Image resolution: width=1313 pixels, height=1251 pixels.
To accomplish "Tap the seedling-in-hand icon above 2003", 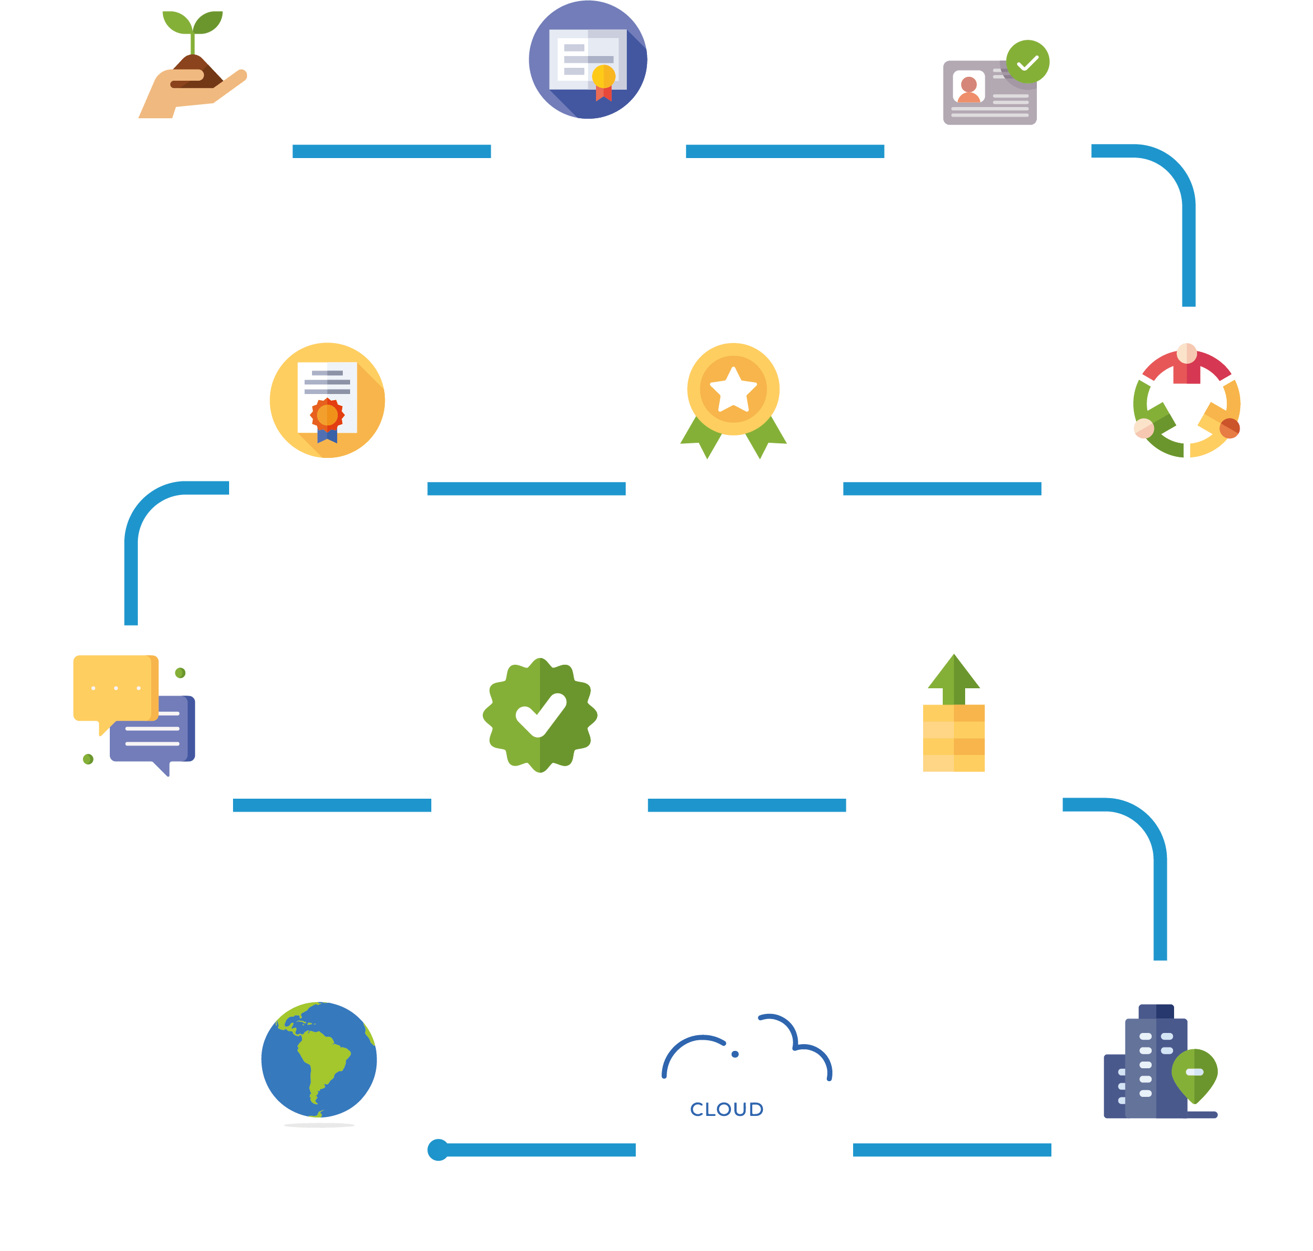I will coord(192,67).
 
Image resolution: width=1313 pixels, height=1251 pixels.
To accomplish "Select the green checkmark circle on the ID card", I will coord(1027,62).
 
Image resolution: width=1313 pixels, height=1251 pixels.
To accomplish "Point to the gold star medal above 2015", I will coord(733,390).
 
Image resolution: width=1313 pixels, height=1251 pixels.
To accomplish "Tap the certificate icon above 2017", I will coord(327,400).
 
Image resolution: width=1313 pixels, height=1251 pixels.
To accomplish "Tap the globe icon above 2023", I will coord(319,1060).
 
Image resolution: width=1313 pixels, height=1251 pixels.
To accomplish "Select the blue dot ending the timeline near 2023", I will coord(438,1150).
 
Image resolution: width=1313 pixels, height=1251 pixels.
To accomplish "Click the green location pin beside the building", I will coord(1194,1074).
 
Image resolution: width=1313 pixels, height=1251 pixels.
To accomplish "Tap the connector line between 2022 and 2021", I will coord(951,1150).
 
